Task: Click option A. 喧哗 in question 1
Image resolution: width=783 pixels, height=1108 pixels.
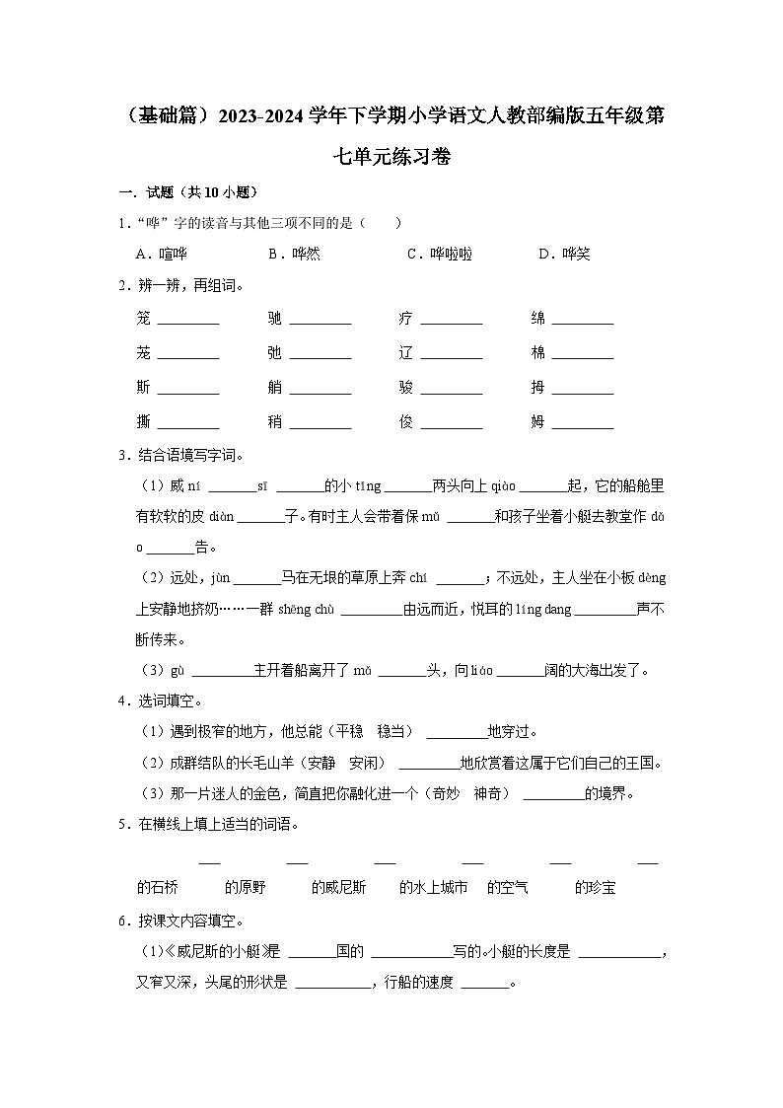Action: pyautogui.click(x=161, y=255)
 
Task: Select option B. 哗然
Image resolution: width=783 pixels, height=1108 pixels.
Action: pyautogui.click(x=294, y=255)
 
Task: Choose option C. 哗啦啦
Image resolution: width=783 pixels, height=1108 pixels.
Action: pyautogui.click(x=440, y=255)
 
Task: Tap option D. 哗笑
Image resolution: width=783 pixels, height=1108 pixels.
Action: pyautogui.click(x=564, y=255)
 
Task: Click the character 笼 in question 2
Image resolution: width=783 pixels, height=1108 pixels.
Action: pyautogui.click(x=144, y=318)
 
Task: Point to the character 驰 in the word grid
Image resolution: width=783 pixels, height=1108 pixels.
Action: pyautogui.click(x=275, y=318)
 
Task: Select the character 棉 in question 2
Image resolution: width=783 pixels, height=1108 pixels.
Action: pyautogui.click(x=537, y=353)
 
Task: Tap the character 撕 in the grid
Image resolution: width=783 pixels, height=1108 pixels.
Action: pyautogui.click(x=144, y=422)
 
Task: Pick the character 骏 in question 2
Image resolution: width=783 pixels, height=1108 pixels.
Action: pyautogui.click(x=406, y=388)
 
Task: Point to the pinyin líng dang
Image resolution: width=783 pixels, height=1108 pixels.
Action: pyautogui.click(x=543, y=610)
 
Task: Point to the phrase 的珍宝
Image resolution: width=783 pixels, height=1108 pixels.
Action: pyautogui.click(x=595, y=888)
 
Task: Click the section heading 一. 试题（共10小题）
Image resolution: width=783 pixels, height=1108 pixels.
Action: pyautogui.click(x=188, y=192)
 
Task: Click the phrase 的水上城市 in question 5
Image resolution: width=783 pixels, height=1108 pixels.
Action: pyautogui.click(x=433, y=888)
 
